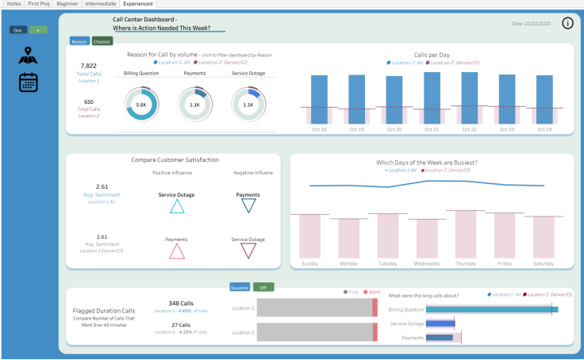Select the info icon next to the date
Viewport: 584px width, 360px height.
point(567,23)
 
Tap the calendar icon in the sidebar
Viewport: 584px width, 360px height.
point(29,82)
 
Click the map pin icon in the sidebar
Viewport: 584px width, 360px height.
point(29,56)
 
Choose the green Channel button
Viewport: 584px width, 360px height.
point(102,41)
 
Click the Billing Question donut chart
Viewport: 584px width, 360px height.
point(141,105)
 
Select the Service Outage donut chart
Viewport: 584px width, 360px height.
point(248,105)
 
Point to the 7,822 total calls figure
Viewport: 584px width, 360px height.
point(89,67)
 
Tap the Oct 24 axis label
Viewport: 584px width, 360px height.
point(544,129)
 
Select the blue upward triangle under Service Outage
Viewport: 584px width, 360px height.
point(178,206)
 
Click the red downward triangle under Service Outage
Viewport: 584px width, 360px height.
point(248,251)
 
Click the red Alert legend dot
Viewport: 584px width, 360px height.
point(366,292)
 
